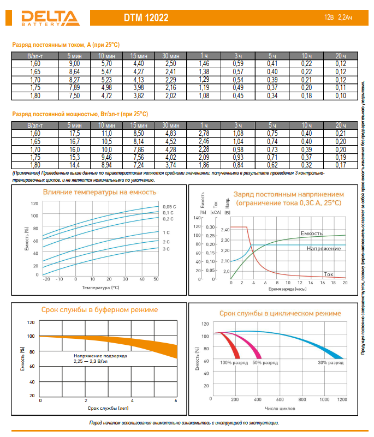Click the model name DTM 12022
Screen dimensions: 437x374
(146, 18)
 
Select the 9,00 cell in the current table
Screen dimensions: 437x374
(74, 64)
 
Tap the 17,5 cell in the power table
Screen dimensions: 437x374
(74, 133)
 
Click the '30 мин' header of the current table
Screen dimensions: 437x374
(171, 56)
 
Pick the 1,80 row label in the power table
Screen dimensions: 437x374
(35, 165)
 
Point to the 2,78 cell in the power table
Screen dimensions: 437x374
(204, 133)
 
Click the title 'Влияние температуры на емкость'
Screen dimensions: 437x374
(99, 192)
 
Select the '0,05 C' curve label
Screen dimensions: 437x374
(169, 206)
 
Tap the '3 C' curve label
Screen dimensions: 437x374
(167, 249)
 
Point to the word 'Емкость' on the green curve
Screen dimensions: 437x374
(311, 233)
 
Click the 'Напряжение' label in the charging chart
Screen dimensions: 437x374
(324, 248)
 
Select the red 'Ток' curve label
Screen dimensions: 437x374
(329, 274)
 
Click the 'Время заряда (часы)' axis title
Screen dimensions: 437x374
(288, 290)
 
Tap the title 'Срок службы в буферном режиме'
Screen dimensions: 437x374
(99, 309)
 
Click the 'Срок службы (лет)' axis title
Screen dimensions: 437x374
(108, 408)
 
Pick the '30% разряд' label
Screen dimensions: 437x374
(330, 362)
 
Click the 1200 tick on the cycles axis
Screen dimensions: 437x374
(342, 400)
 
